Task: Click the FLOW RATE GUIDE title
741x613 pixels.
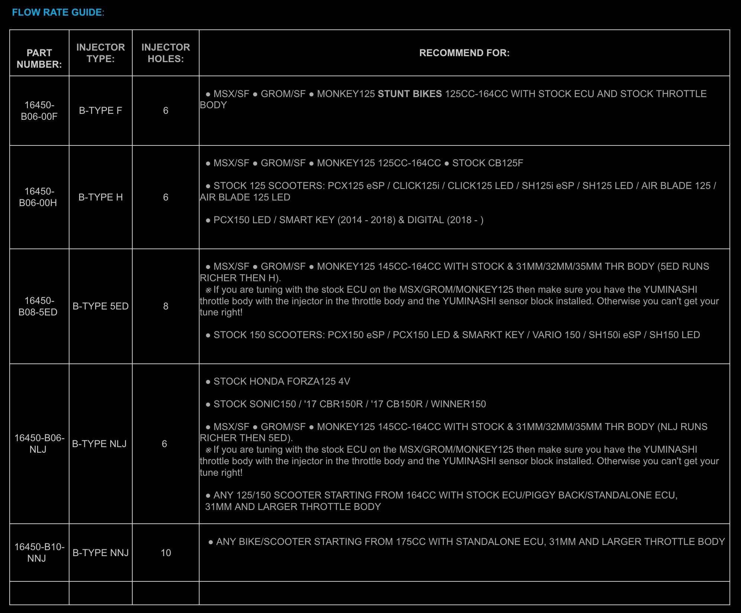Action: click(57, 12)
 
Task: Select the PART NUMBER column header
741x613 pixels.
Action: click(39, 58)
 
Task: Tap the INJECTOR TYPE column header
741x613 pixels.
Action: click(100, 53)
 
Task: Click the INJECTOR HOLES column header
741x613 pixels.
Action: click(165, 53)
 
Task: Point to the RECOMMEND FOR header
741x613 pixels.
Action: click(464, 53)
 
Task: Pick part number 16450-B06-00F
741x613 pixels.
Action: click(39, 110)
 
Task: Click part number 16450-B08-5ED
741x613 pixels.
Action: click(38, 306)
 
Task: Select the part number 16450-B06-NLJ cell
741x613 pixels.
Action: click(39, 443)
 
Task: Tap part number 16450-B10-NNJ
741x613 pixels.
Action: click(39, 552)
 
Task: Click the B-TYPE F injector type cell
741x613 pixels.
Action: click(100, 110)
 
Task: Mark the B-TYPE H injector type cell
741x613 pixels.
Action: click(100, 197)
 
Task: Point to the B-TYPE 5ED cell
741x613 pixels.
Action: click(100, 306)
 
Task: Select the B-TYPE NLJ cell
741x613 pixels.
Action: click(99, 444)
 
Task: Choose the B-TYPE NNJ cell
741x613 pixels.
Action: click(100, 553)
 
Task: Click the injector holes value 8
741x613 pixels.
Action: click(166, 306)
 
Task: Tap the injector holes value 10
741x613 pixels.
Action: click(166, 553)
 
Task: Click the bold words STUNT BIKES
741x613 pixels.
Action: click(410, 94)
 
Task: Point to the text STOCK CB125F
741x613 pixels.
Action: click(487, 163)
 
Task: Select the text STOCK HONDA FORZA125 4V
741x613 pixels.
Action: click(282, 381)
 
